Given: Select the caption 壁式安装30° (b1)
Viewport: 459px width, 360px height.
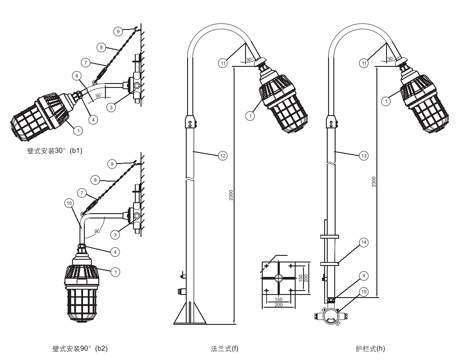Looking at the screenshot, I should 55,151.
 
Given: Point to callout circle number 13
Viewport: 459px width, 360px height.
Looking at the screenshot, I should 364,155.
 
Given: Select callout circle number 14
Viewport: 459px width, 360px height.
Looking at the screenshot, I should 364,242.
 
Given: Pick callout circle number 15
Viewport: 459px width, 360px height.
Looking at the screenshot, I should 364,291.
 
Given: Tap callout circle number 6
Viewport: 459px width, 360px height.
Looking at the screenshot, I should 77,76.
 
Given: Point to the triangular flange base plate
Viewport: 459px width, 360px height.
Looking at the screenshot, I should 189,315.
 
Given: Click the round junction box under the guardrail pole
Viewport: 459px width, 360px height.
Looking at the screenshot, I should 329,316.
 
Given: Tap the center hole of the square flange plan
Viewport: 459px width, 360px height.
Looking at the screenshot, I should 278,278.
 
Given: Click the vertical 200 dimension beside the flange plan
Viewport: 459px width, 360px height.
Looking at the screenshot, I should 306,279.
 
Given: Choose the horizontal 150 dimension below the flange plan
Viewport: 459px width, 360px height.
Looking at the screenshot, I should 278,299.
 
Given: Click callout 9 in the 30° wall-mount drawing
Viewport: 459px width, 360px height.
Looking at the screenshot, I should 117,31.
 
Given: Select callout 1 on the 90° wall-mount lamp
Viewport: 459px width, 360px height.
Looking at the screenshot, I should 116,272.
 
